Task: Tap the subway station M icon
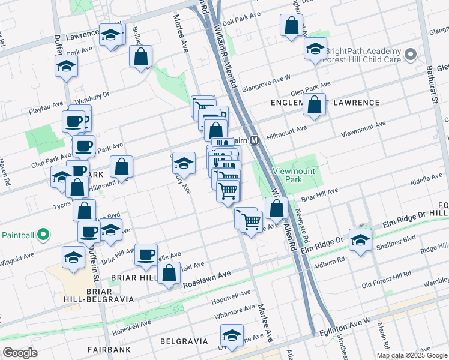pos(254,140)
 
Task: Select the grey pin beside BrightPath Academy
pos(411,55)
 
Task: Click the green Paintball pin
pos(43,235)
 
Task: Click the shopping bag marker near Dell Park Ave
pos(291,25)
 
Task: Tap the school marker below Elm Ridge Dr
pos(360,241)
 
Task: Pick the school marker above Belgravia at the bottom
pos(231,335)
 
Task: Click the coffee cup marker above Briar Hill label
pos(146,255)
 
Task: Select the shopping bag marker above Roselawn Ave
pos(169,272)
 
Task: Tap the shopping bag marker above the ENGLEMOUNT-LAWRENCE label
pos(314,104)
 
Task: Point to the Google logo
pos(20,353)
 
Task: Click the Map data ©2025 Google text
pos(412,355)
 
